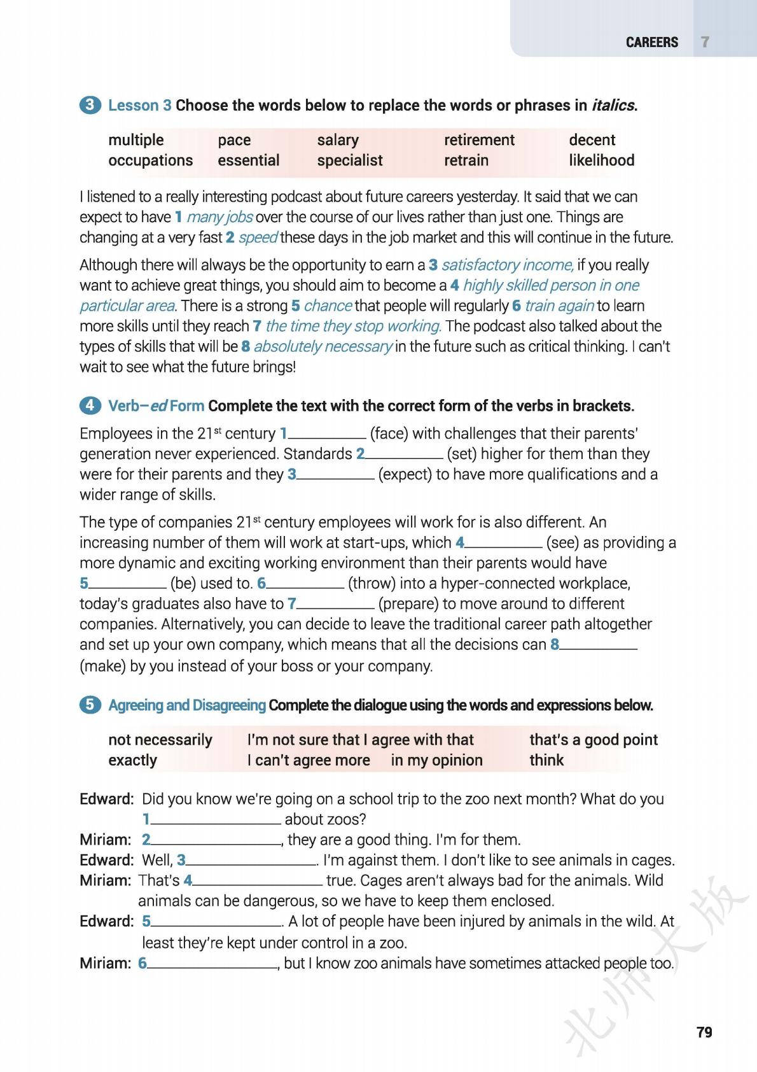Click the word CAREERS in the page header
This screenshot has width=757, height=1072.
point(651,42)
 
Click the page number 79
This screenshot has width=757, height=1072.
point(704,1032)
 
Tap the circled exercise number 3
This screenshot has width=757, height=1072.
point(90,105)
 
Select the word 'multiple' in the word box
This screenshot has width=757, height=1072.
point(135,140)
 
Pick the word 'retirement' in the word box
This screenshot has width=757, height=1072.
point(478,140)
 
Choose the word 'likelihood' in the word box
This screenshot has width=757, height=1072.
point(601,160)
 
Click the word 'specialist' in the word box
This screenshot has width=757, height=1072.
point(349,160)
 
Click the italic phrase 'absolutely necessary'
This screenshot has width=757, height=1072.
point(323,347)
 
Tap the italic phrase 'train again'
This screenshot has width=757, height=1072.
point(559,306)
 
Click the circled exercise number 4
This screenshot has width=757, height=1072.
point(90,406)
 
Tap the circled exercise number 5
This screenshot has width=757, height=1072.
point(90,705)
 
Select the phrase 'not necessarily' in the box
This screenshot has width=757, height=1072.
point(160,740)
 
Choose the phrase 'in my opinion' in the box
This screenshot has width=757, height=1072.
point(436,760)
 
